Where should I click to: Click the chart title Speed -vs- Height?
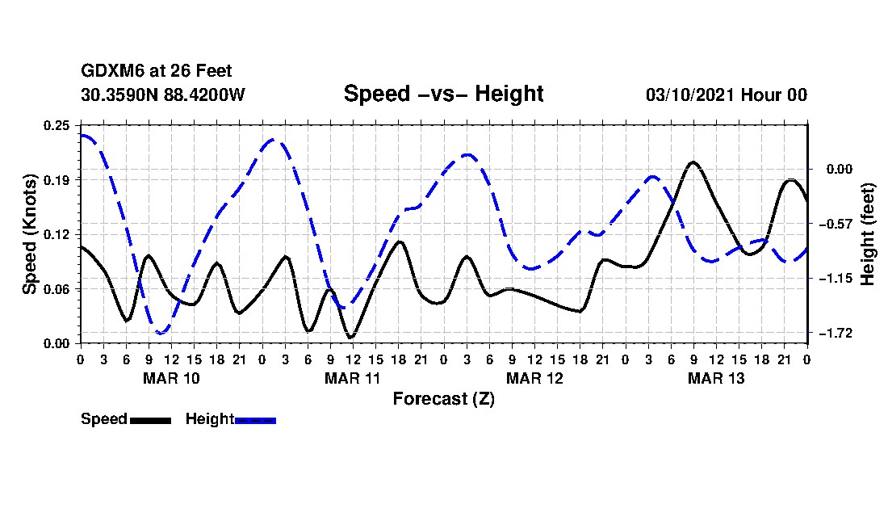(x=443, y=94)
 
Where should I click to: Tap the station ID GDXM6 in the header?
(x=108, y=72)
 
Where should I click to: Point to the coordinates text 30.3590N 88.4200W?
(x=163, y=94)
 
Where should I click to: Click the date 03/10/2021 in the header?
(x=688, y=94)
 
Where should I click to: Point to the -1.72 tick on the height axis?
(x=835, y=333)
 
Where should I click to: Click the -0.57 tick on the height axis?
(x=835, y=224)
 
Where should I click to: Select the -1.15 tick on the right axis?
(x=835, y=278)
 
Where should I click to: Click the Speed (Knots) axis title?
(x=30, y=234)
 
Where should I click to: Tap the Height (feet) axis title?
(x=869, y=234)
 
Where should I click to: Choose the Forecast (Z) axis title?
(x=443, y=398)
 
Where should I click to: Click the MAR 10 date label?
(x=171, y=378)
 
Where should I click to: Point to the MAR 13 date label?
(x=716, y=378)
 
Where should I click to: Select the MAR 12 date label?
(x=534, y=378)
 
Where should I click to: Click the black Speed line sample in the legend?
(x=150, y=420)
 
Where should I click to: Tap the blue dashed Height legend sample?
(x=256, y=420)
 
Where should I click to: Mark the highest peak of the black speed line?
(x=693, y=162)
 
